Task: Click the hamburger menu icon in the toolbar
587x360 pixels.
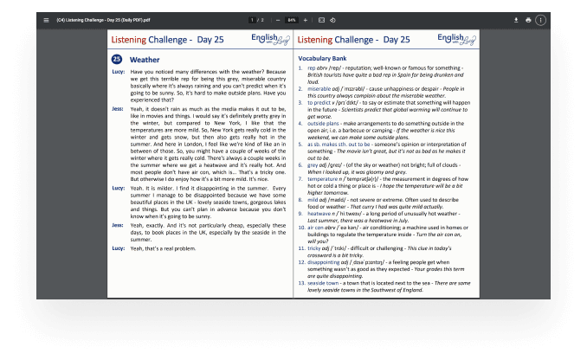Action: (x=45, y=19)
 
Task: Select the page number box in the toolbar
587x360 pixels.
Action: (x=251, y=19)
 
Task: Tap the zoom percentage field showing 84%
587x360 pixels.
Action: (x=292, y=19)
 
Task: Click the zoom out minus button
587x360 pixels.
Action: (x=278, y=19)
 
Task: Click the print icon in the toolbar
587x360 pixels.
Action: (x=528, y=19)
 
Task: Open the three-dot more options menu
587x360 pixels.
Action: (x=541, y=19)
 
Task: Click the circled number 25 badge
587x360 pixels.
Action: (x=117, y=59)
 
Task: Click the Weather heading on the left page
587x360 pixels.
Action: (x=145, y=59)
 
